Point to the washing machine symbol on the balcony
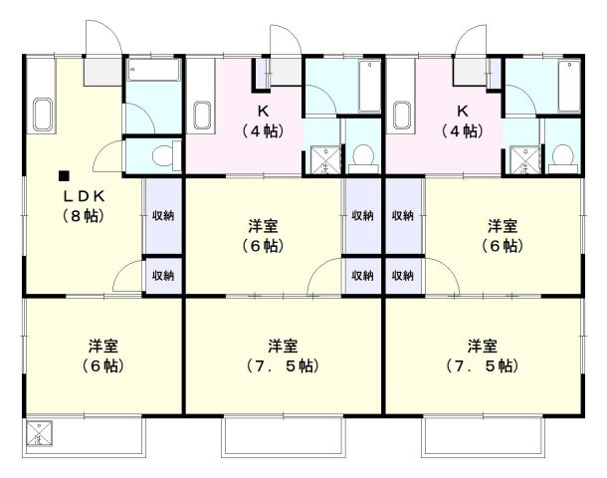coord(39,432)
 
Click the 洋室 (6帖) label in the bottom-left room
coord(103,356)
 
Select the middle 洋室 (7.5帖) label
coord(283,356)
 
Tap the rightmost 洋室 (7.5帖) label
coord(483,356)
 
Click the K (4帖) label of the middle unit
coord(265,120)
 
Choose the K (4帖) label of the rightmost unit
coord(464,120)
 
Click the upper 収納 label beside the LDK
coord(162,215)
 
